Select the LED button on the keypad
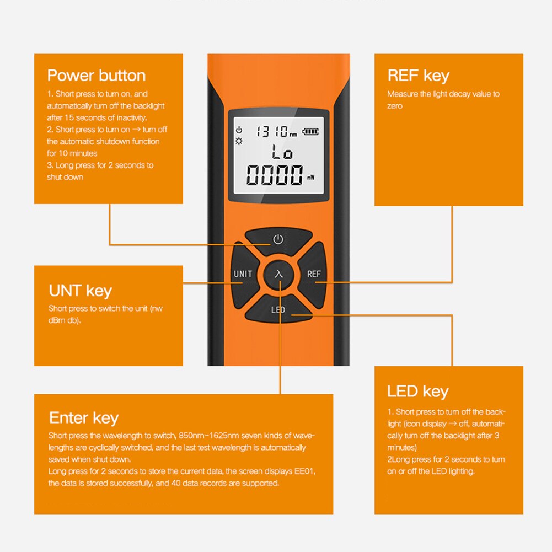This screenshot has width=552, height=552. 278,310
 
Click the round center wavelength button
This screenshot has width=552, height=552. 278,274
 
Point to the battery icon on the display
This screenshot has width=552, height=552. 310,131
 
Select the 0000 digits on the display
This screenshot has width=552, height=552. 274,175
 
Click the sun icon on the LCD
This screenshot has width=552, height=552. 239,141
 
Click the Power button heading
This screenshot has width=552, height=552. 96,76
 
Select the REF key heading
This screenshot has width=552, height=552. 418,76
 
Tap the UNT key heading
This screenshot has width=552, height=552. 80,291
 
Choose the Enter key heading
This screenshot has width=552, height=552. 83,418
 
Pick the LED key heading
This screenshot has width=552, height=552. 417,392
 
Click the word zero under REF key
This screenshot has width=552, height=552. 395,106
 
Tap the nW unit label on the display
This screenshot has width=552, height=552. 312,178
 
